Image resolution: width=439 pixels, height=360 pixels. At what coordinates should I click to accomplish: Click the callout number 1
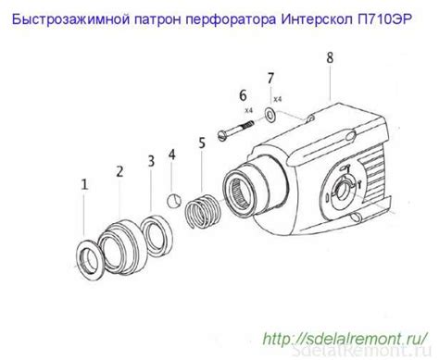click(84, 185)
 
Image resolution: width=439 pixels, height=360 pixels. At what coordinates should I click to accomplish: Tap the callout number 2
click(119, 170)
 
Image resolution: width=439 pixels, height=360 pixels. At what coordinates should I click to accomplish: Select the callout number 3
click(151, 161)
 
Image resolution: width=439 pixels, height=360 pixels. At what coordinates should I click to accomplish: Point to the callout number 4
click(172, 154)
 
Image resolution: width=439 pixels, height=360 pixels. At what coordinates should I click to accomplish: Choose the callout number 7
click(270, 78)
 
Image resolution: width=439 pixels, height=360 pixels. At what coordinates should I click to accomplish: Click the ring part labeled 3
click(154, 229)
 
